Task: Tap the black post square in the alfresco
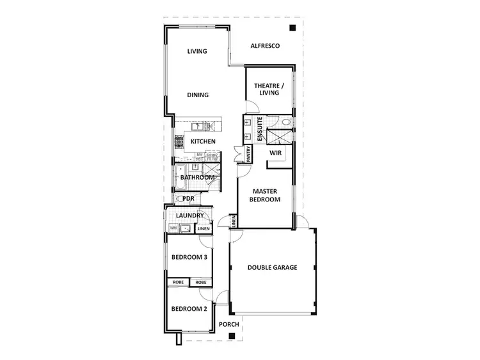tap(292, 27)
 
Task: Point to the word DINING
tap(198, 95)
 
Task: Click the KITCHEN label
tap(202, 141)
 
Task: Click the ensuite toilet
tap(286, 121)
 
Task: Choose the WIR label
tap(276, 153)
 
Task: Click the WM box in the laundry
tap(173, 228)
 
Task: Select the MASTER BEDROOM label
tap(266, 195)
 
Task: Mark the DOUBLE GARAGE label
tap(273, 267)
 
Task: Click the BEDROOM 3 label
tap(189, 258)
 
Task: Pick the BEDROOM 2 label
tap(189, 308)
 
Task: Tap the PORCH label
tap(228, 324)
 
